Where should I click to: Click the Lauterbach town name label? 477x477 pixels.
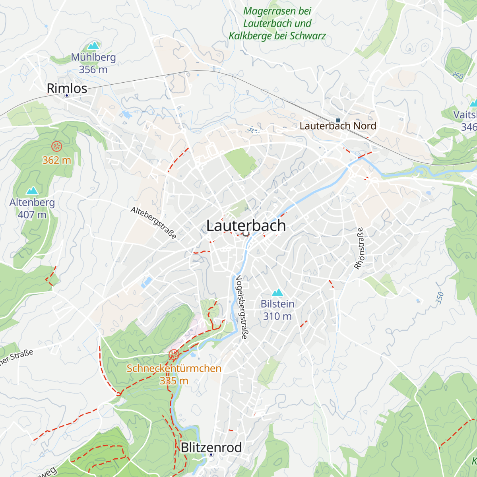(x=246, y=226)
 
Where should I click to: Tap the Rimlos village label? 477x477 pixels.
(x=67, y=88)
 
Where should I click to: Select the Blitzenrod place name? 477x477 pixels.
(x=211, y=448)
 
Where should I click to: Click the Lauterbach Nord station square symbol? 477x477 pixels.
(x=338, y=120)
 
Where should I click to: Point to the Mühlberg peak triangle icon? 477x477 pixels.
(x=93, y=45)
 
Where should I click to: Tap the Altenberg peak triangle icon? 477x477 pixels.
(x=32, y=190)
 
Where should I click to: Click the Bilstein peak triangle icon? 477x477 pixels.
(x=277, y=292)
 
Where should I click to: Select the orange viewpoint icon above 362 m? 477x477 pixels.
(x=57, y=146)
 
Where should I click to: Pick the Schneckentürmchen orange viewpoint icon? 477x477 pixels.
(x=174, y=355)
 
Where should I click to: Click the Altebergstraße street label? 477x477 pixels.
(x=153, y=223)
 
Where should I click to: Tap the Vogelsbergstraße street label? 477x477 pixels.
(x=242, y=307)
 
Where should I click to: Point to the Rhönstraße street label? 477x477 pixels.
(x=359, y=248)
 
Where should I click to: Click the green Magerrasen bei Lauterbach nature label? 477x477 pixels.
(x=277, y=23)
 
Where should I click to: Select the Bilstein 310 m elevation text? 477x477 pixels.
(x=277, y=316)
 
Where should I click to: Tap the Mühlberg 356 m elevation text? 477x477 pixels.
(x=93, y=70)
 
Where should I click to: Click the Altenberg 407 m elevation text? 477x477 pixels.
(x=32, y=215)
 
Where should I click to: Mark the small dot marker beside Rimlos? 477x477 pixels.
(x=67, y=96)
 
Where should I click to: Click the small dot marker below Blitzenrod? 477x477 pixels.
(x=211, y=454)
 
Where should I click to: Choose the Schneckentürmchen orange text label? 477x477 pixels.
(x=174, y=368)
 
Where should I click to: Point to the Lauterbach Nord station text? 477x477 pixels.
(x=338, y=126)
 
